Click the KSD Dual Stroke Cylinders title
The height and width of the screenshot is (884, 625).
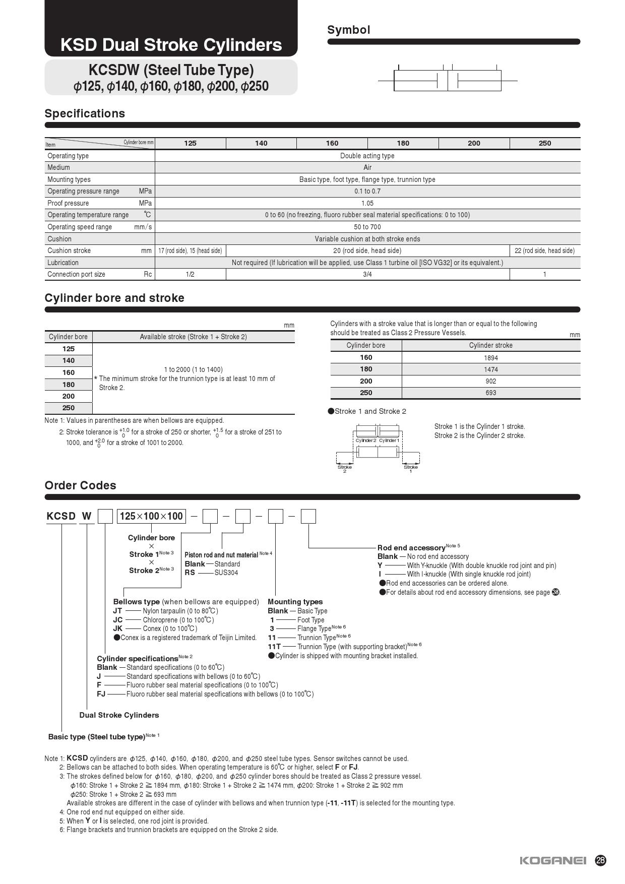pos(171,45)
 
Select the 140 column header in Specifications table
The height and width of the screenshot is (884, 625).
pos(261,143)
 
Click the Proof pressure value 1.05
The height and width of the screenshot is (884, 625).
pos(367,203)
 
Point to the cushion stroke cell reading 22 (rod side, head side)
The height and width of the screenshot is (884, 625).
pos(544,250)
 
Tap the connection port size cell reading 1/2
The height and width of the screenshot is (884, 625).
pos(190,274)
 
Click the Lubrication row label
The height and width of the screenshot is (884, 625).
pos(63,263)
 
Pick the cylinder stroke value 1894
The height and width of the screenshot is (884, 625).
pos(490,358)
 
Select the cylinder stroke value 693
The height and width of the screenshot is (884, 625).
pos(490,393)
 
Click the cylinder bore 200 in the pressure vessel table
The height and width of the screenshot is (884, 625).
pos(366,381)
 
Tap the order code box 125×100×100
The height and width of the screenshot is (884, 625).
pos(151,516)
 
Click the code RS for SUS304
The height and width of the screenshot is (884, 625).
pos(190,573)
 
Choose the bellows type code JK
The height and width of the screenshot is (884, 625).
pos(117,628)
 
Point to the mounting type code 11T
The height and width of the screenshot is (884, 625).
pos(274,646)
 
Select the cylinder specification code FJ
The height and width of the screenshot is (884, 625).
pos(101,694)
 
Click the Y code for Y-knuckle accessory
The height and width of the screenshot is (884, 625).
pos(380,565)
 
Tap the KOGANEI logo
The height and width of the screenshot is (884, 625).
pos(553,860)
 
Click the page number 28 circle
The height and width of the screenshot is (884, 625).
pos(600,860)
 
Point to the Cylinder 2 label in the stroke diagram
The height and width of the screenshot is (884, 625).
pos(365,440)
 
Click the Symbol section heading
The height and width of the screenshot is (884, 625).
pos(348,30)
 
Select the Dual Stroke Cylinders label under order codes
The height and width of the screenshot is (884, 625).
pos(119,715)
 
